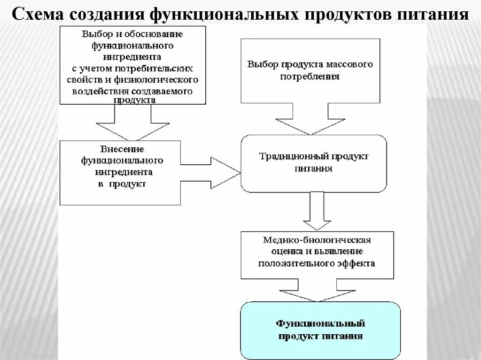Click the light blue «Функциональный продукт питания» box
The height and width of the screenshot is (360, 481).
(320, 329)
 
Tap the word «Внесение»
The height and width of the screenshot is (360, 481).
(120, 149)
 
